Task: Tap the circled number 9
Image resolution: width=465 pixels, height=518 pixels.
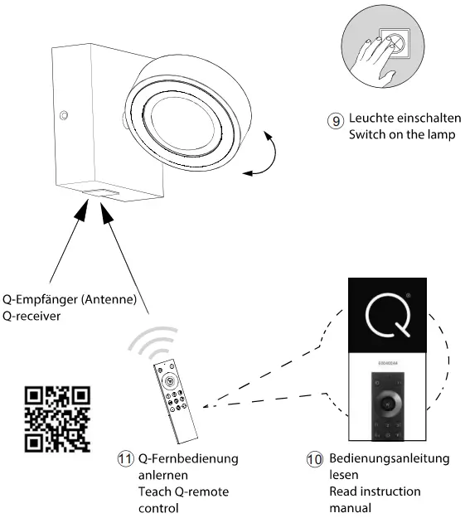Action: [335, 119]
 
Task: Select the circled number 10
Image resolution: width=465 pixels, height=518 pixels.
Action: [315, 458]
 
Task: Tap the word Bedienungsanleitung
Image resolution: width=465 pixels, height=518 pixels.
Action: [388, 458]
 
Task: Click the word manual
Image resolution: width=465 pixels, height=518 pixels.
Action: [349, 508]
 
